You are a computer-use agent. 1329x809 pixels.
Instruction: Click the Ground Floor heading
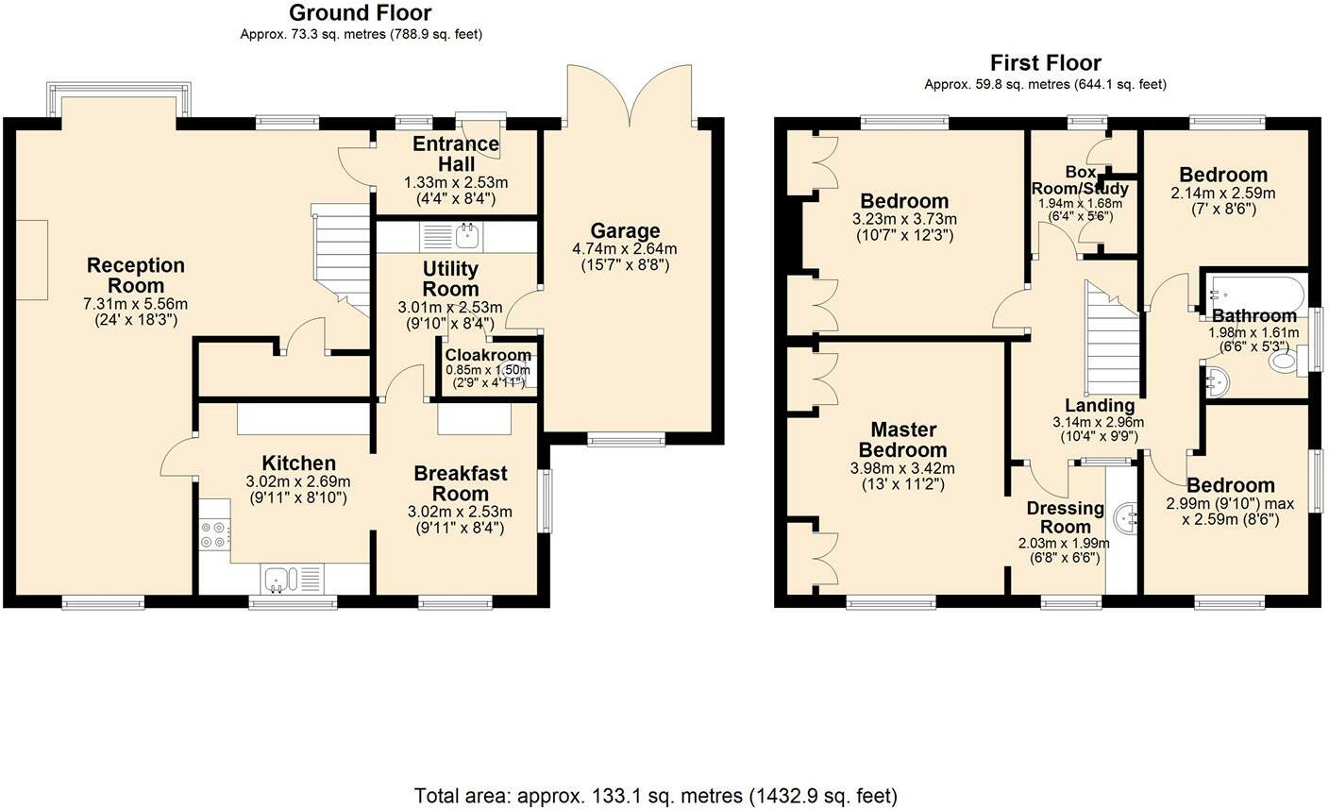click(360, 13)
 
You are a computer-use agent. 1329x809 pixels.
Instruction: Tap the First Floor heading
click(1045, 63)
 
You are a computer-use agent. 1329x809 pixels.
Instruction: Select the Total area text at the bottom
click(655, 795)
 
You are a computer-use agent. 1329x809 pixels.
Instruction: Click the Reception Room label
click(136, 276)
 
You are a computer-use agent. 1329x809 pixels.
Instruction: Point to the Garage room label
click(625, 231)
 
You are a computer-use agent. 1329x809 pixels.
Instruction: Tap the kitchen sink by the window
click(280, 578)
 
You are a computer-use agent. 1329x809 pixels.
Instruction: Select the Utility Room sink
click(465, 234)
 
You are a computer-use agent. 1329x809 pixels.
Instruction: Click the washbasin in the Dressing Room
click(1125, 516)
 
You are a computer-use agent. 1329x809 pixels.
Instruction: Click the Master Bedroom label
click(902, 440)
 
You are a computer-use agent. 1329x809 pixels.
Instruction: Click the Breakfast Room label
click(460, 482)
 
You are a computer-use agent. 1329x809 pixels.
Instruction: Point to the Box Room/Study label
click(1081, 180)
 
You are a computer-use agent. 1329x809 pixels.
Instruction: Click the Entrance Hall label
click(456, 154)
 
